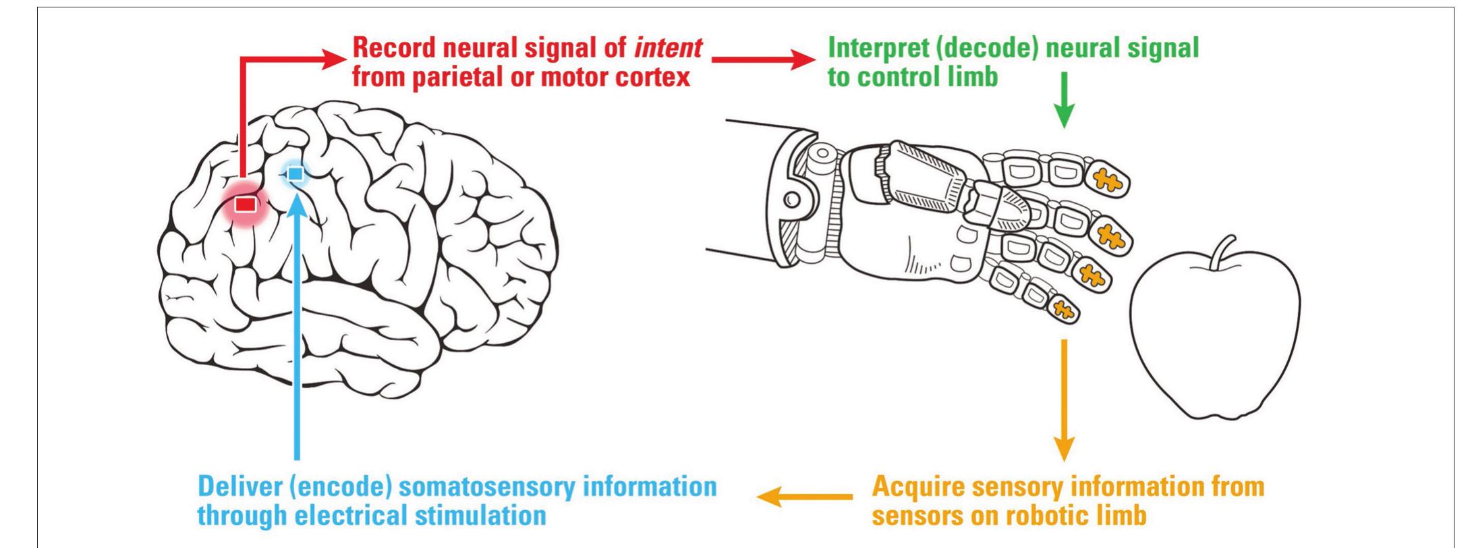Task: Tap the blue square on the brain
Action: [295, 174]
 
